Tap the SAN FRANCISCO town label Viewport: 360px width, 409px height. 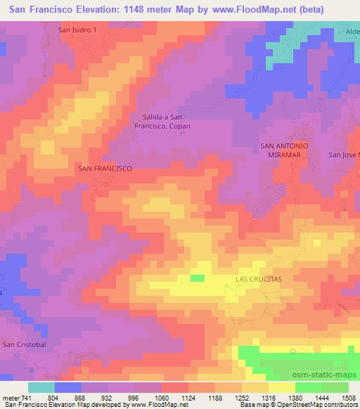(x=105, y=169)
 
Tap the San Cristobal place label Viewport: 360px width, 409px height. (x=25, y=344)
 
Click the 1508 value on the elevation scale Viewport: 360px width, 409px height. (x=348, y=398)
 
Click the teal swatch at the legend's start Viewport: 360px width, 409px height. (x=41, y=387)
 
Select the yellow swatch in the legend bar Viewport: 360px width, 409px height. (x=282, y=387)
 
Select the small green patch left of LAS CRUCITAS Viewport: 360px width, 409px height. (x=198, y=278)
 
